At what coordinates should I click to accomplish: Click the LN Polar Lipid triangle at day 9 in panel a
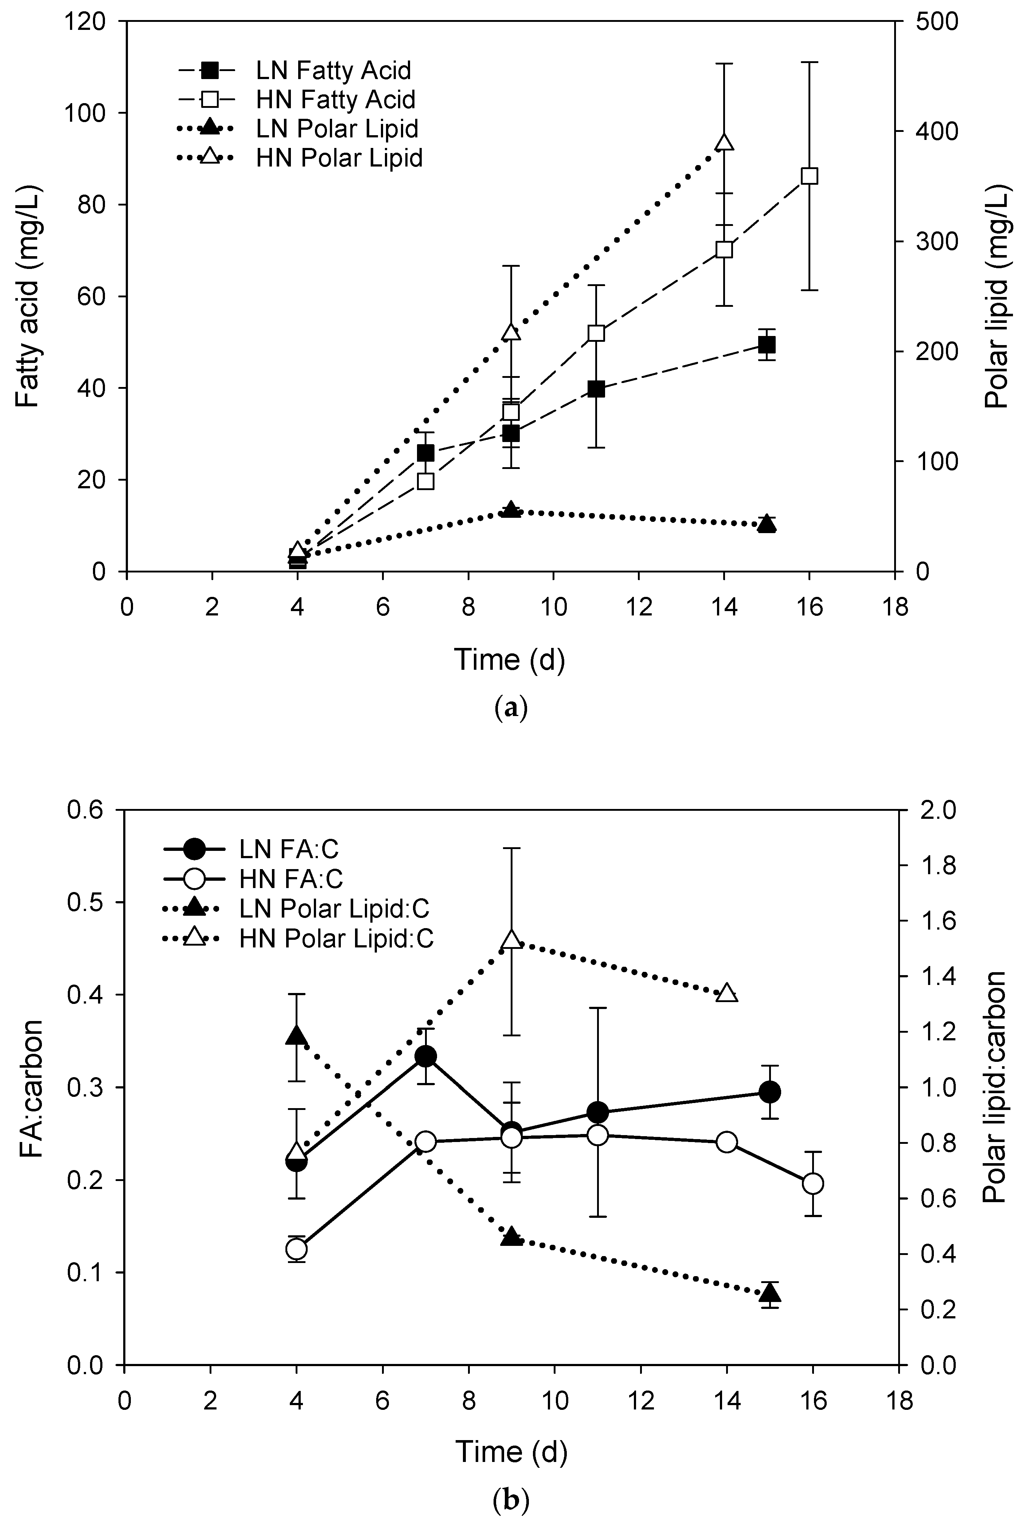click(511, 510)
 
